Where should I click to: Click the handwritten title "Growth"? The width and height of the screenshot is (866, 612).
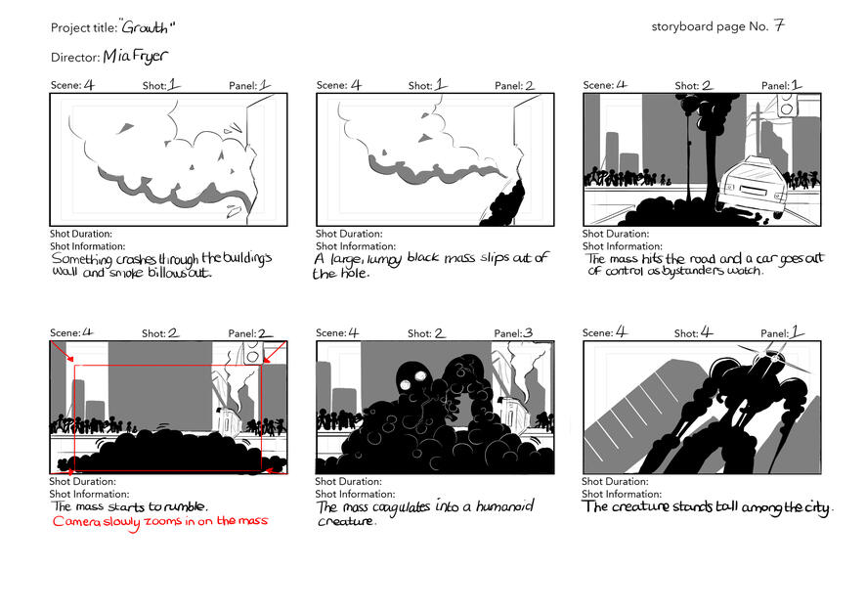pos(147,27)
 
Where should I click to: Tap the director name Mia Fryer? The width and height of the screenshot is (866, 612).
pos(135,56)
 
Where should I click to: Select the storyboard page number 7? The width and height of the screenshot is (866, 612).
pos(779,25)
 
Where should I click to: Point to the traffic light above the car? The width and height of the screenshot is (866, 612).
pos(788,105)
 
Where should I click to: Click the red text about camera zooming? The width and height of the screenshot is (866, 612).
pos(160,521)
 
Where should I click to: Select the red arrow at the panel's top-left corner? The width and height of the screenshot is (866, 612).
pos(63,352)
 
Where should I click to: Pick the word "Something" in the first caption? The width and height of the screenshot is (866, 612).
pos(82,258)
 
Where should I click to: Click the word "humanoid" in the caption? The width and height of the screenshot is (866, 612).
pos(504,506)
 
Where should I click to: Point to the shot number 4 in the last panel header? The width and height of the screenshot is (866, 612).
pos(707,332)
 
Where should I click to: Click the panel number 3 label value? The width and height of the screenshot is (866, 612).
pos(528,332)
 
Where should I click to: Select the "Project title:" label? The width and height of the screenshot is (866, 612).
pos(84,27)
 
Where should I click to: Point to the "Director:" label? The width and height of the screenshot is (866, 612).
pos(75,57)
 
